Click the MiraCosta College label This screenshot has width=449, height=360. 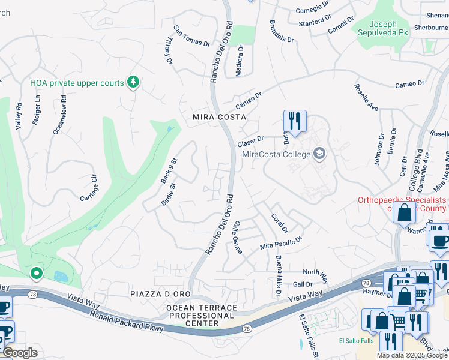276,154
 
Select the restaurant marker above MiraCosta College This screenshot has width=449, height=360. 295,121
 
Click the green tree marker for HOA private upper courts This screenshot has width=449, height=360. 133,83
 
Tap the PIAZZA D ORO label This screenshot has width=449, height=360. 160,293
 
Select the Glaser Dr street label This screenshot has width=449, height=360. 250,141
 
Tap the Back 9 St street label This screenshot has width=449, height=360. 169,170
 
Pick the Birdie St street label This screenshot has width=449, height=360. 167,194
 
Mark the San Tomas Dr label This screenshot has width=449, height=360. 192,35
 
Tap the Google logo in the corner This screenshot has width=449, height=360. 20,353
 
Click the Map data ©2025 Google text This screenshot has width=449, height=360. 412,355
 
